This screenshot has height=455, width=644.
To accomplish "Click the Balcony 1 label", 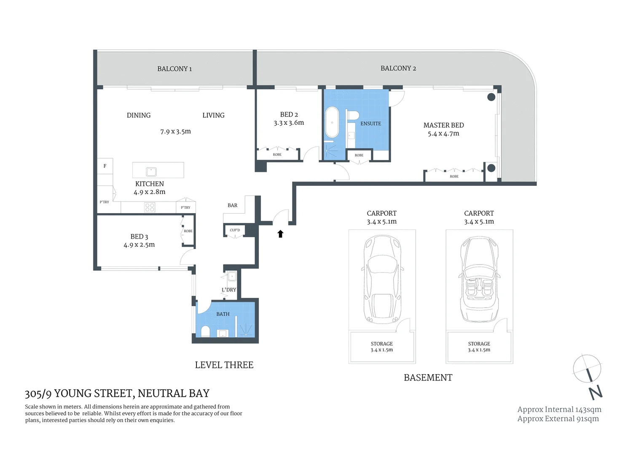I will tap(174, 69).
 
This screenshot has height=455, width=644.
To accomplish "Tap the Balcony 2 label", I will tap(398, 68).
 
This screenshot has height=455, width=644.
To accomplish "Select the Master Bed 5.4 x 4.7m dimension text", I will tap(443, 134).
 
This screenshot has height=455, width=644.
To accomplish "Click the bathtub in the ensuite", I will tap(332, 122).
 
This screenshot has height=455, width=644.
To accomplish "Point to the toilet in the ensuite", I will tap(352, 115).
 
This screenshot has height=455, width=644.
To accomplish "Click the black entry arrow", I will tap(280, 234).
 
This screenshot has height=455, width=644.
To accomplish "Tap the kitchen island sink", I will tap(151, 171).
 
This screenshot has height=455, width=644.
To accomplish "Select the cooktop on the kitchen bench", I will tap(150, 207).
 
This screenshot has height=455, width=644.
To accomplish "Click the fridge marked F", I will tap(105, 166).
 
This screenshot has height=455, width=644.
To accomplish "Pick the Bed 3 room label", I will tap(139, 237).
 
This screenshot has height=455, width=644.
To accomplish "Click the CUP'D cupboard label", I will tap(235, 230).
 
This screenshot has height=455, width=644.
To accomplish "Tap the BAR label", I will tap(232, 206).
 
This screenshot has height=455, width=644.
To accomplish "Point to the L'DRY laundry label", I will tap(229, 290).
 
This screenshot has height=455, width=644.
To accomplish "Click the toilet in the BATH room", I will tap(205, 331).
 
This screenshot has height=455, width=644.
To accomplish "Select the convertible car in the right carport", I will tap(479, 279).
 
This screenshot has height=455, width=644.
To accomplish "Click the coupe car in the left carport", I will tap(382, 279).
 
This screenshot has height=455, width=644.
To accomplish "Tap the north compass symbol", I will tap(588, 375).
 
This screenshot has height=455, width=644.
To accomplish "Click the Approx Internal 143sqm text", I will tap(559, 409).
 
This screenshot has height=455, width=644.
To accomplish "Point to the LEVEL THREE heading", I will tap(224, 365).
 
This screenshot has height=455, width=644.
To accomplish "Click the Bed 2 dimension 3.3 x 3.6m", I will tap(289, 123).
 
